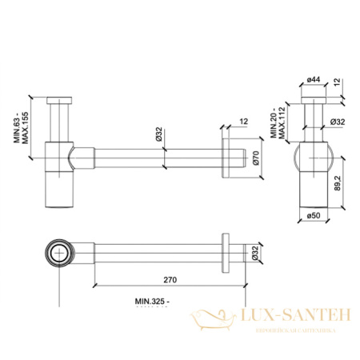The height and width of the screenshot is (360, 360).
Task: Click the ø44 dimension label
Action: point(313,81)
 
